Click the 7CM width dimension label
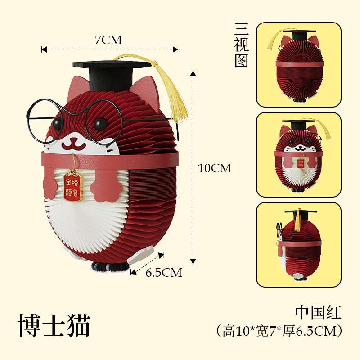click(108, 40)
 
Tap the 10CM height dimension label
click(215, 168)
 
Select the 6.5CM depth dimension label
click(164, 272)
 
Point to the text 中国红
click(318, 312)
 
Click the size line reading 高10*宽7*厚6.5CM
click(279, 331)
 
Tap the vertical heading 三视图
click(241, 45)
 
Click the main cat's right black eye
click(100, 122)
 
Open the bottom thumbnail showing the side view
click(298, 244)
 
